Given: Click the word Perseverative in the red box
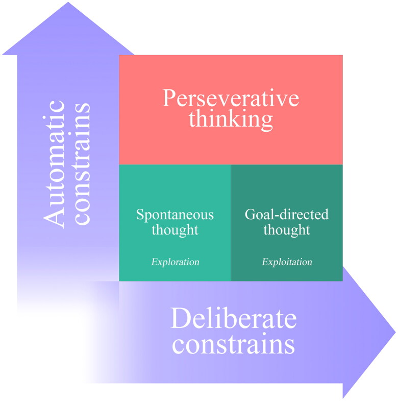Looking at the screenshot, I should pyautogui.click(x=231, y=98).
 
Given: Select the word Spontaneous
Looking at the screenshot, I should pyautogui.click(x=175, y=214).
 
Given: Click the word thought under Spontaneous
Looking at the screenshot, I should pyautogui.click(x=175, y=230).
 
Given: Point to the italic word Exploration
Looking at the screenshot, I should pyautogui.click(x=175, y=262).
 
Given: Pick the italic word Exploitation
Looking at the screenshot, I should pyautogui.click(x=287, y=262).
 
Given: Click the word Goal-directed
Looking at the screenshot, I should pyautogui.click(x=287, y=214).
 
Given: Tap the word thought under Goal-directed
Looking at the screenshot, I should pyautogui.click(x=287, y=230).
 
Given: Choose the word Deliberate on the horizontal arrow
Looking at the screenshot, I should pyautogui.click(x=233, y=319).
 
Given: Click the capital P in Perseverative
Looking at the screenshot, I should pyautogui.click(x=169, y=98).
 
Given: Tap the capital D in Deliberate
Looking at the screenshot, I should pyautogui.click(x=179, y=319).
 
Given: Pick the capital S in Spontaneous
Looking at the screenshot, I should pyautogui.click(x=140, y=214).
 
